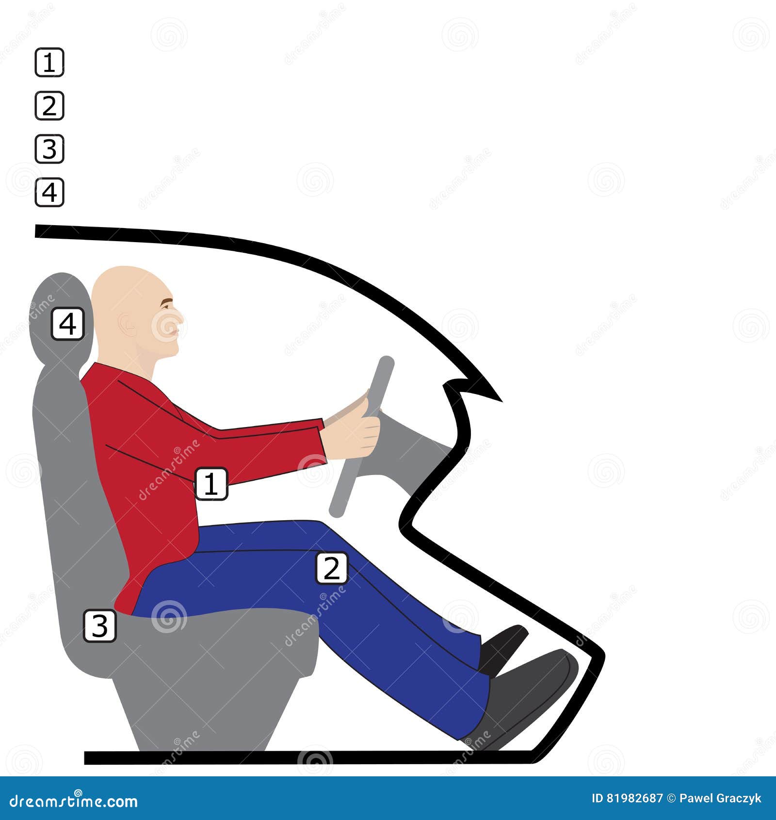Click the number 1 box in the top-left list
point(49,62)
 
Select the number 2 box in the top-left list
point(49,105)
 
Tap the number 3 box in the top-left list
point(49,148)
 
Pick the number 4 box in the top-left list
point(49,192)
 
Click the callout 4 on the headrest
point(67,324)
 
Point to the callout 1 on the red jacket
point(211,483)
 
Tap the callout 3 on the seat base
point(100,625)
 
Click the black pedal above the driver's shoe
point(504,643)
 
